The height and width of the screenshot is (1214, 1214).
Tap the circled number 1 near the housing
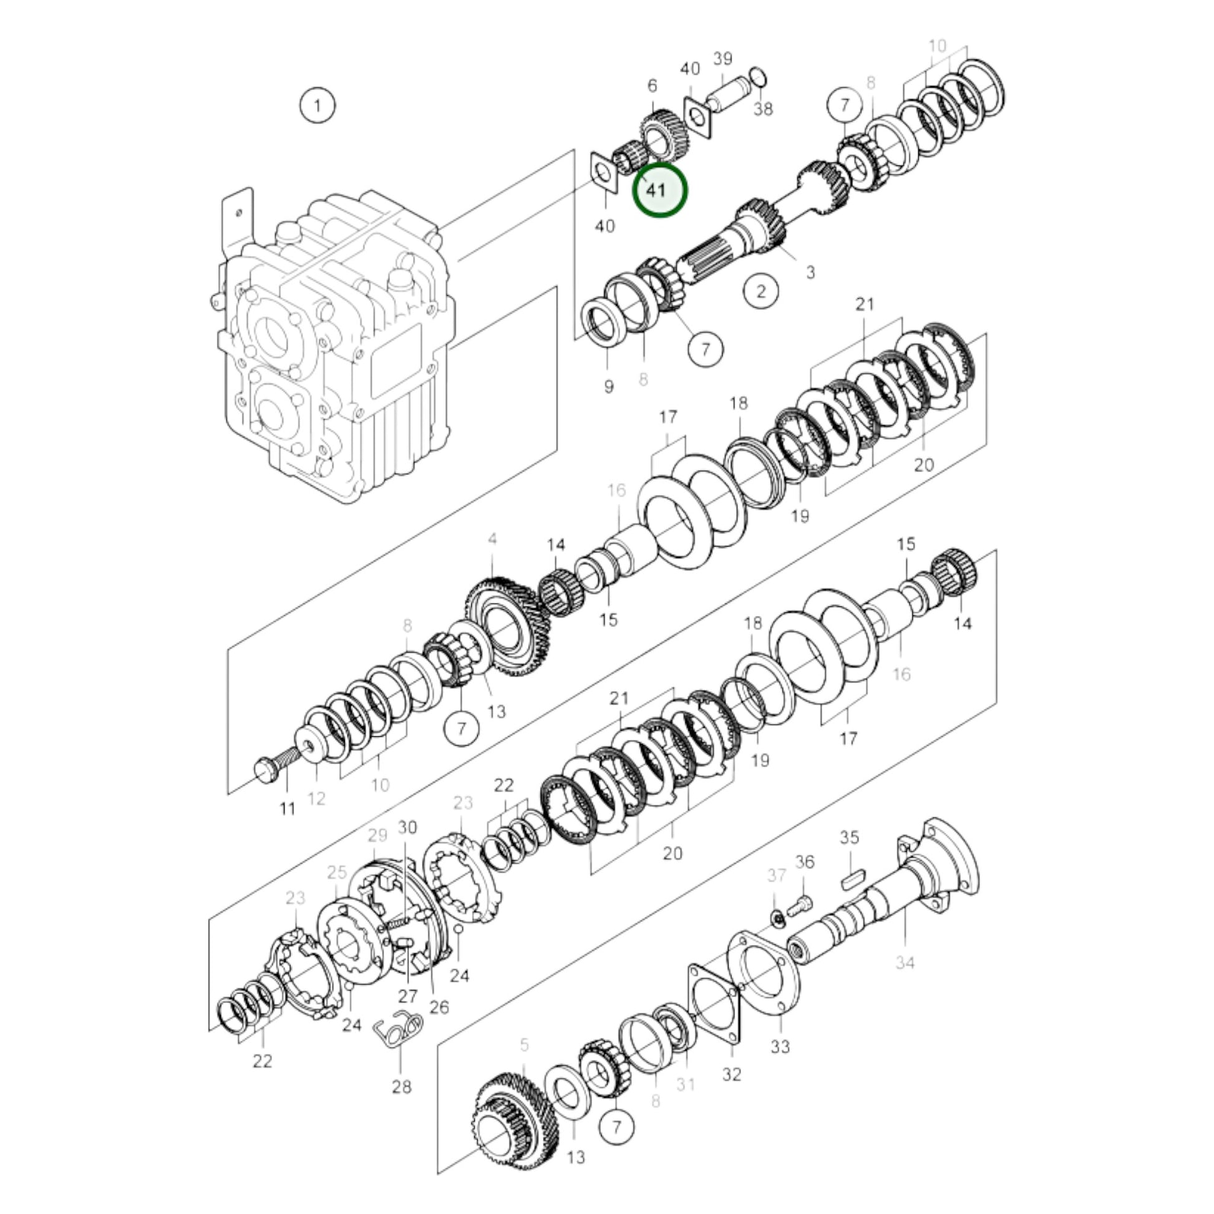pos(318,105)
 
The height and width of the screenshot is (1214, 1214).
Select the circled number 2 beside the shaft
pos(761,291)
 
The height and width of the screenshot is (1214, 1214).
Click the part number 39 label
pos(722,59)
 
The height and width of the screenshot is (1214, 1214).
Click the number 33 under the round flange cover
pos(780,1047)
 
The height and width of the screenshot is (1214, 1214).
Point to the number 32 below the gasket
pos(731,1074)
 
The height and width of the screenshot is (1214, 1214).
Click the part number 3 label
pos(810,272)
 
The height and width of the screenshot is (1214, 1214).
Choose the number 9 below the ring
pos(608,386)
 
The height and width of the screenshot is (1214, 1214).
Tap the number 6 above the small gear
pos(652,86)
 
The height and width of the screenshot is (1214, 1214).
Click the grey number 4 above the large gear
pos(492,539)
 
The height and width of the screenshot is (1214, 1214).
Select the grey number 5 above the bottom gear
pos(525,1045)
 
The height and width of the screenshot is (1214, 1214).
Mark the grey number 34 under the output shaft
pos(904,979)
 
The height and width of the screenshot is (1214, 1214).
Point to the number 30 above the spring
pos(407,828)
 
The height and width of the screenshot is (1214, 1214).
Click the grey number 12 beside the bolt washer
pos(316,798)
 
